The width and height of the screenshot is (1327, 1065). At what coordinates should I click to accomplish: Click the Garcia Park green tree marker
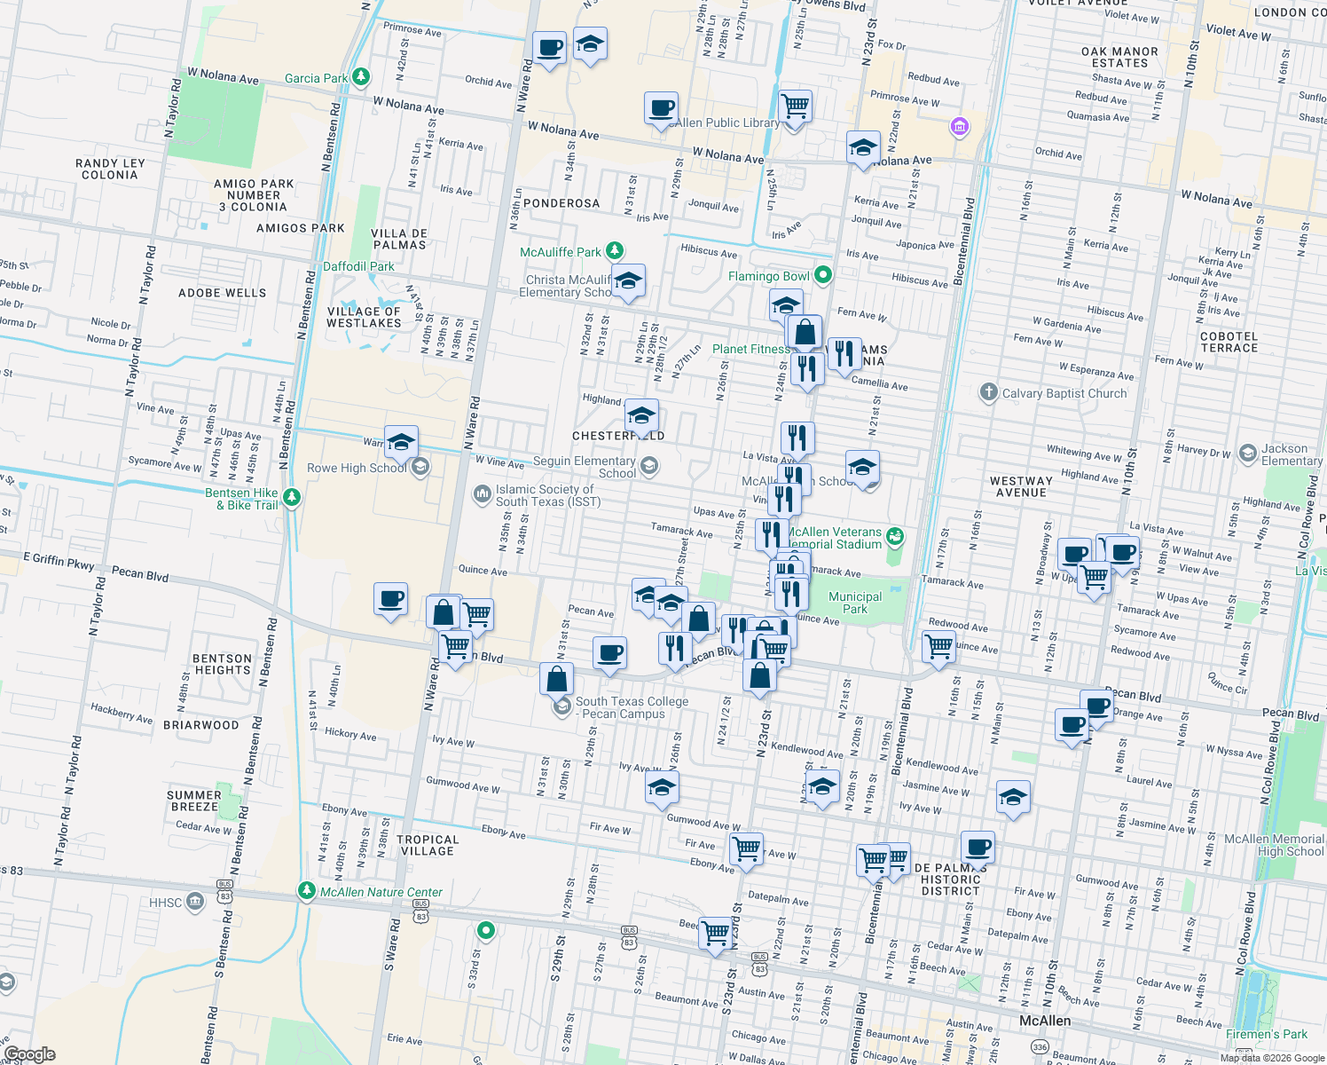360,77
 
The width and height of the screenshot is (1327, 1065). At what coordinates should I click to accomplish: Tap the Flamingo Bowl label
768,276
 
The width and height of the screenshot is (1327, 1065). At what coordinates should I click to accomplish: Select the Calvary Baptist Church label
1064,393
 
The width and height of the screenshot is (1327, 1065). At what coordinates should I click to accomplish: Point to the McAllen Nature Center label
381,892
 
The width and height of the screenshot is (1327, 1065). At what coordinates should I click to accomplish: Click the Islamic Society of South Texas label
547,495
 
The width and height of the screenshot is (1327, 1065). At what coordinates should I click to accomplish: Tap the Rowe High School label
357,468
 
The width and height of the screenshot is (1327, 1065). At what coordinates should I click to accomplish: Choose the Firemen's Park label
1266,1034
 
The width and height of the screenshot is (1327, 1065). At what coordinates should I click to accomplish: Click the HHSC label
166,903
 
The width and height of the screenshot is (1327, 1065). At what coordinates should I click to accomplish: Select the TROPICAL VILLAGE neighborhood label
428,845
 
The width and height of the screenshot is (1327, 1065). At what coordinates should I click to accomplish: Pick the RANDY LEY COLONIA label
109,169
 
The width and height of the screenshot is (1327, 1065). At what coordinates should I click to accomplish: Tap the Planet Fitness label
750,349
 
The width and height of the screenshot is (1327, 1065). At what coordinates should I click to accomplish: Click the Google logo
29,1054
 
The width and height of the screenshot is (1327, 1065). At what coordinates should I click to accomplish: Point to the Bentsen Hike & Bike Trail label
241,499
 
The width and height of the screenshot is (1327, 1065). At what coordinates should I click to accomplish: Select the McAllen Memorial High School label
1273,845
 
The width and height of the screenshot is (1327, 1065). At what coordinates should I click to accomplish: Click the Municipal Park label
855,603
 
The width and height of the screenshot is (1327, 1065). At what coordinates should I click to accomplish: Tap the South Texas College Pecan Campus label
632,707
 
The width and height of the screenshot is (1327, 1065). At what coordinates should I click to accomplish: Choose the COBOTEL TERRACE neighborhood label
1229,342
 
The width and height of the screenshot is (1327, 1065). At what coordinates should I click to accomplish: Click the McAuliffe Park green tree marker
614,252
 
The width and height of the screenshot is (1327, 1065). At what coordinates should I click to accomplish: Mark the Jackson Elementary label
1291,454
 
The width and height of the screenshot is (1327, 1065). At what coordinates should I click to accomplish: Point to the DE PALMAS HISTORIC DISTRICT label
950,880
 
